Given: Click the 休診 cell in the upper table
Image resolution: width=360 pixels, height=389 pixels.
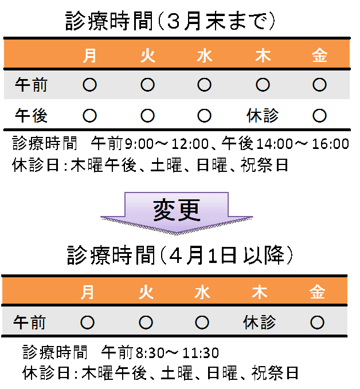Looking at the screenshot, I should (263, 116).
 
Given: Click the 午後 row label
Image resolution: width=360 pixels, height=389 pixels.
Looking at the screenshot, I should (31, 116).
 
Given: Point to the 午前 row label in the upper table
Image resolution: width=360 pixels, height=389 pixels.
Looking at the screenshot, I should (31, 85).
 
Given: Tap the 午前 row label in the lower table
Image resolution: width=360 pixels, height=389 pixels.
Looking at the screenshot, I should (29, 323).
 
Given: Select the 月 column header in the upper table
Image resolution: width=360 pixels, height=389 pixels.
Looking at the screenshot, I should (90, 56).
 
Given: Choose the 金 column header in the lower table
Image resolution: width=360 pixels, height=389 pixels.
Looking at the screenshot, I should (317, 292).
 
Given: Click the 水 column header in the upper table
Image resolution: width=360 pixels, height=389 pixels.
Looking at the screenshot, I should (205, 56).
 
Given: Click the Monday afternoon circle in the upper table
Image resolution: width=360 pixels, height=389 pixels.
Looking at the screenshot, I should (89, 116).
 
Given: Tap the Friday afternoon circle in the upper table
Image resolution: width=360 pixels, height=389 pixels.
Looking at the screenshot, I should (319, 116).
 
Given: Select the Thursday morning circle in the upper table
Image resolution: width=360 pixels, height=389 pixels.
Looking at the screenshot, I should (263, 85).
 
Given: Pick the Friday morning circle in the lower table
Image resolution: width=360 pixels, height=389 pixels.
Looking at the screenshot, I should (317, 323).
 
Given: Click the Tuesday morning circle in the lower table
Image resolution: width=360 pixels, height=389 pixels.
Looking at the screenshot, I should (146, 323).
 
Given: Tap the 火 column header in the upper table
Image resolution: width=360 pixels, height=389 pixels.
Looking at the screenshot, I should (147, 56).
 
